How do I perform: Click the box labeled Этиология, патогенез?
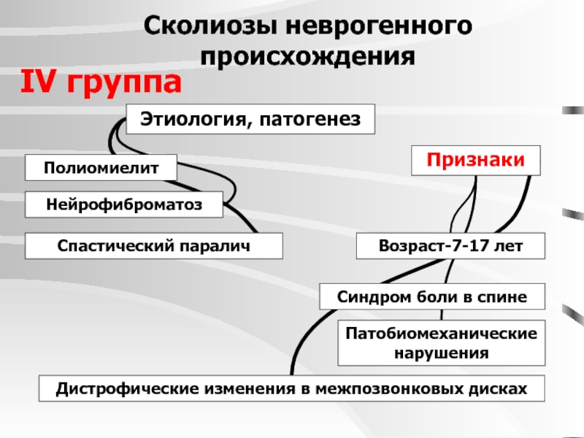click(250, 118)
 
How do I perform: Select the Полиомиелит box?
click(101, 168)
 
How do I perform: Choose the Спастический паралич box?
click(154, 246)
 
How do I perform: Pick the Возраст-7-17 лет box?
click(450, 246)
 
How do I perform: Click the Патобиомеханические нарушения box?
click(441, 342)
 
